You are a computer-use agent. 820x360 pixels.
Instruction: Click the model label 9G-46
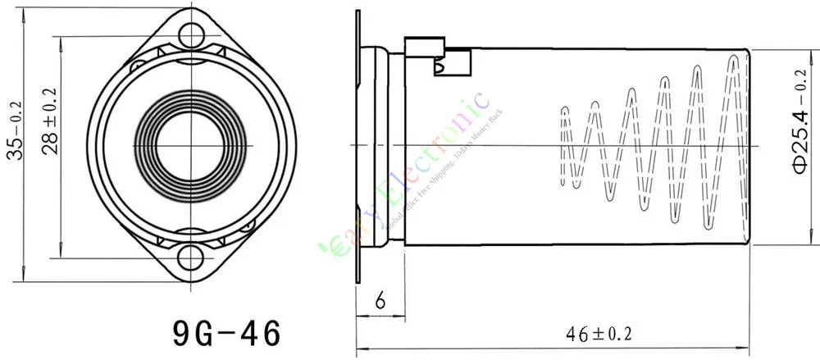pos(226,333)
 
